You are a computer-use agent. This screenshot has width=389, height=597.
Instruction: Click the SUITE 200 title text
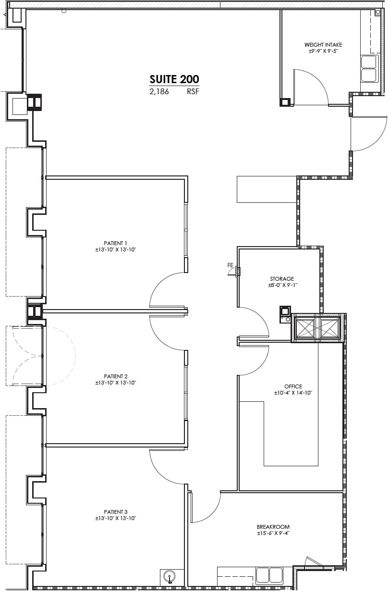point(174,79)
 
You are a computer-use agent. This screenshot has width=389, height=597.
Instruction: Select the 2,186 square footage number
point(159,92)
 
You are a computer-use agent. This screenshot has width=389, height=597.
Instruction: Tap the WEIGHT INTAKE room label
point(323,45)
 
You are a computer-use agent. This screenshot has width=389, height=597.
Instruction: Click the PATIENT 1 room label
point(116,243)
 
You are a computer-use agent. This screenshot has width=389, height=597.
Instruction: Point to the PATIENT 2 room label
point(116,376)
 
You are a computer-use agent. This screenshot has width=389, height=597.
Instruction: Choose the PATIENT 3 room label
point(116,511)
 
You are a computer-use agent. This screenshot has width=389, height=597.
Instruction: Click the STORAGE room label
point(282,279)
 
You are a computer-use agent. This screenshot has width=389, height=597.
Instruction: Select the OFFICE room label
point(293,386)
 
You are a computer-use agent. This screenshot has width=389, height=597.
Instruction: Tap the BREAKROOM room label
point(273,526)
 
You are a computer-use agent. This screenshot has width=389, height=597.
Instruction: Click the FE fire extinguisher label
point(231,265)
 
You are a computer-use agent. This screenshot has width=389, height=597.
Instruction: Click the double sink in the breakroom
point(269,575)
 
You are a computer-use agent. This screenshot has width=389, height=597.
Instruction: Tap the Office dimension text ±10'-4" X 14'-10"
point(293,393)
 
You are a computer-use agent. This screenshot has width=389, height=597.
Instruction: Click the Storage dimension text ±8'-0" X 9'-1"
point(282,286)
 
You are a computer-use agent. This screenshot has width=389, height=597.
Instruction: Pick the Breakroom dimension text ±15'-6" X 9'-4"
point(273,533)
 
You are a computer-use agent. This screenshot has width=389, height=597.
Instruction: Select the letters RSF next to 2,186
point(193,92)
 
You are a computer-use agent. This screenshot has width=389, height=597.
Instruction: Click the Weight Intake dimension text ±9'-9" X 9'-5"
point(323,51)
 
